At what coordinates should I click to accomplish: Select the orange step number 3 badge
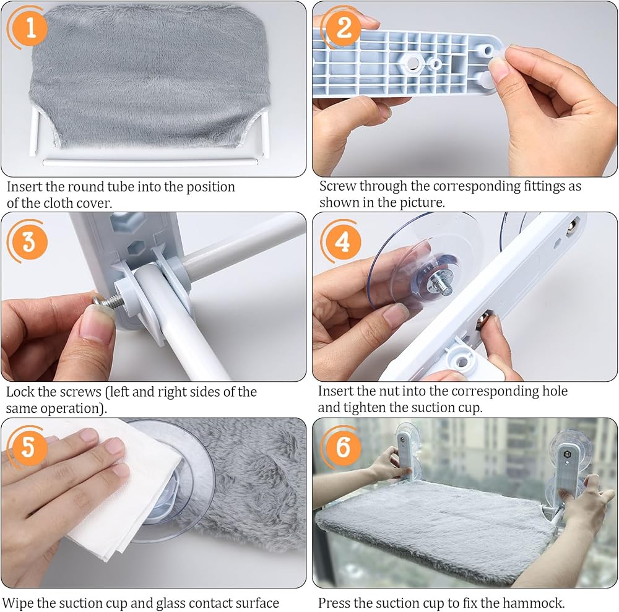pyautogui.click(x=28, y=241)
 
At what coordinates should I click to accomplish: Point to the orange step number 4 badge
pyautogui.click(x=342, y=241)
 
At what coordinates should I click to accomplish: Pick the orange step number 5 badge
pyautogui.click(x=28, y=447)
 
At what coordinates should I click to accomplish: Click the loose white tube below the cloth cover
pyautogui.click(x=150, y=162)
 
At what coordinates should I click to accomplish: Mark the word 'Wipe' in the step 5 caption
pyautogui.click(x=17, y=603)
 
